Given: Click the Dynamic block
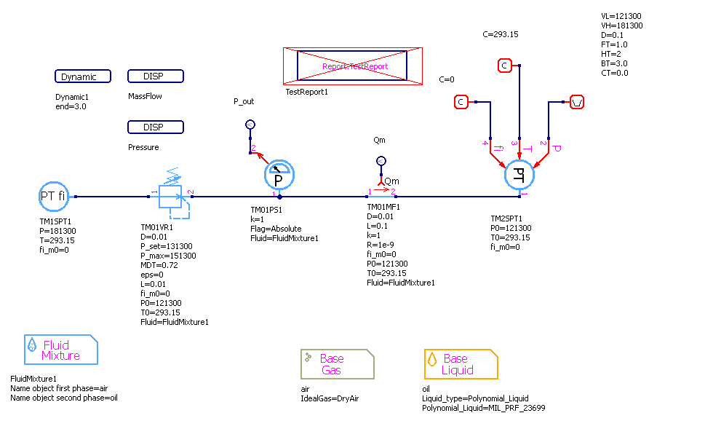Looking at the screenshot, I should point(83,76).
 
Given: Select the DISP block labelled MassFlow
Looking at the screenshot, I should point(155,76).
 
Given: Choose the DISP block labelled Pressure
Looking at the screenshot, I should point(155,127).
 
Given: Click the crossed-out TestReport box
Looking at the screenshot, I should point(352,66).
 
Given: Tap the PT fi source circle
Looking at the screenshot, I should point(52,196).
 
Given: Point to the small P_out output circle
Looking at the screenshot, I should point(250,125).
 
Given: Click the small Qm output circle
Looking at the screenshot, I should point(380,161).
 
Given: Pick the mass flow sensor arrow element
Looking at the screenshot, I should point(382,194).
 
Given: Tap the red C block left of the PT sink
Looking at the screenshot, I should point(460,102).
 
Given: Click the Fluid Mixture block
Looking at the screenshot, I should point(61,350).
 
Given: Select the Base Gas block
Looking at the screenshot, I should point(337,363).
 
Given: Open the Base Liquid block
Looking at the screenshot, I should point(461,363).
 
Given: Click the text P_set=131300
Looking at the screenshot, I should point(166,246).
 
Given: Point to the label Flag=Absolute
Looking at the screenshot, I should point(276,229).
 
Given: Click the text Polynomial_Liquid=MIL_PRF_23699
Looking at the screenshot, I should point(483,409).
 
